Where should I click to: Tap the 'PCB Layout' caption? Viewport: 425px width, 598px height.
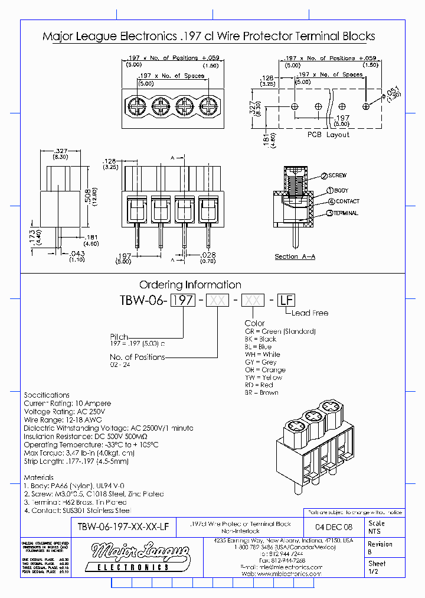click(x=328, y=135)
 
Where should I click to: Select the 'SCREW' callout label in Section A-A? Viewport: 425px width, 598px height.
click(x=337, y=175)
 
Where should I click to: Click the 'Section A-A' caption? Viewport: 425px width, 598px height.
click(x=295, y=256)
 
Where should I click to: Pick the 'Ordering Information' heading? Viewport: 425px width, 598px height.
click(x=190, y=285)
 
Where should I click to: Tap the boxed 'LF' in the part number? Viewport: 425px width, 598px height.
click(x=286, y=300)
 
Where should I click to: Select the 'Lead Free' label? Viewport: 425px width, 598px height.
click(x=310, y=313)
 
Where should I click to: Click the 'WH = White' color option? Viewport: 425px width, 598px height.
click(x=263, y=355)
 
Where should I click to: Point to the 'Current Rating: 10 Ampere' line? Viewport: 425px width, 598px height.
click(x=67, y=403)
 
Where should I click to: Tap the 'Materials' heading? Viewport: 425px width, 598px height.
click(x=38, y=477)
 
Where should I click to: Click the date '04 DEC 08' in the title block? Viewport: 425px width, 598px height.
click(x=334, y=526)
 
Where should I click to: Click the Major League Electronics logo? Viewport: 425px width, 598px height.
click(x=132, y=557)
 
